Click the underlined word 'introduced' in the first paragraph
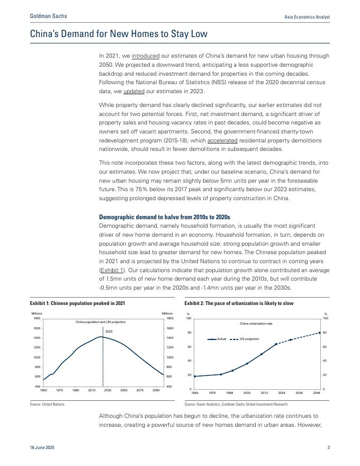[146, 56]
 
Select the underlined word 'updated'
[133, 92]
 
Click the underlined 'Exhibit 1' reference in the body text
[112, 271]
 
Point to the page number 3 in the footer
[328, 448]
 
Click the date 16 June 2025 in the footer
[42, 448]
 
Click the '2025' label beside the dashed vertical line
[109, 331]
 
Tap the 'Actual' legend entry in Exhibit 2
[221, 339]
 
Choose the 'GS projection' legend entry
[249, 339]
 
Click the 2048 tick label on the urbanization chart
[317, 393]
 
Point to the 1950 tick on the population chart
[43, 390]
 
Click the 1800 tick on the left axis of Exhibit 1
[37, 318]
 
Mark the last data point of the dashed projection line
[320, 333]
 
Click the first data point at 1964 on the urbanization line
[195, 377]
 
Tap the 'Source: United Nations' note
[47, 404]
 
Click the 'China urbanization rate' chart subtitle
[257, 323]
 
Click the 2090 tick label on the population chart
[156, 390]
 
